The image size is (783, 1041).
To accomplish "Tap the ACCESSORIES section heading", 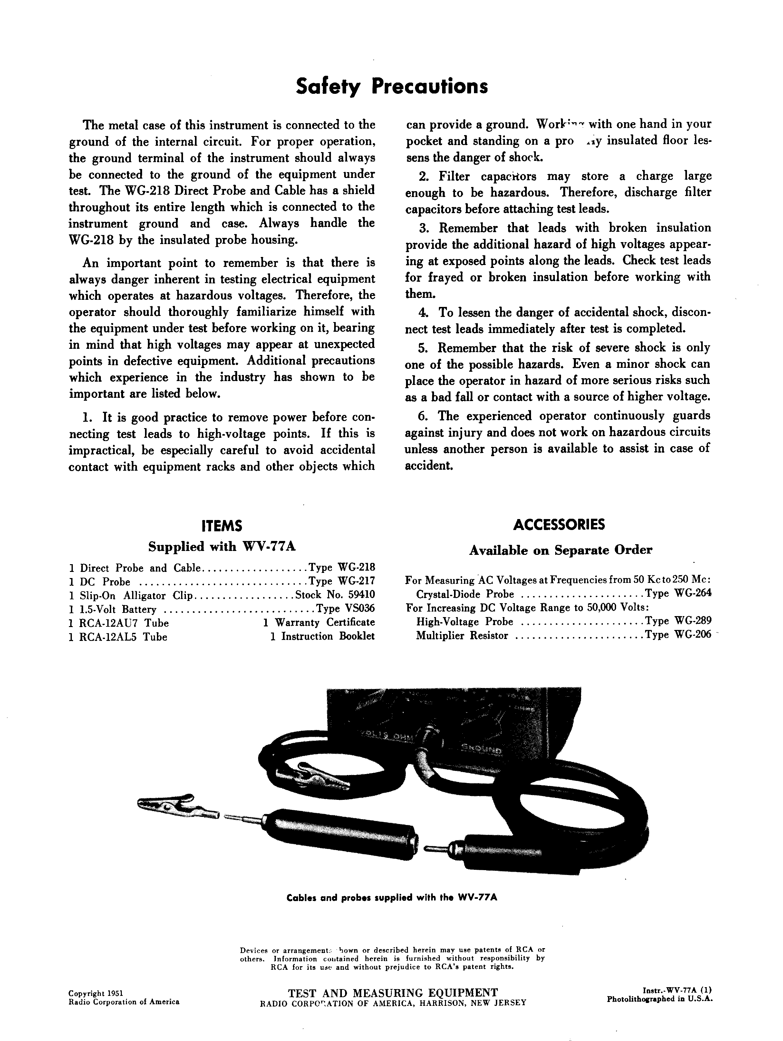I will (559, 525).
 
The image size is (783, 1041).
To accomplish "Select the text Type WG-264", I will (678, 594).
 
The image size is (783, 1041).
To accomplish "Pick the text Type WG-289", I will (678, 621).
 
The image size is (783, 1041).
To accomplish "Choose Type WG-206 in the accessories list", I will (678, 635).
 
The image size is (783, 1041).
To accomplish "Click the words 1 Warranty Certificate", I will (319, 623).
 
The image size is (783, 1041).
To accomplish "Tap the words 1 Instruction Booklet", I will (322, 636).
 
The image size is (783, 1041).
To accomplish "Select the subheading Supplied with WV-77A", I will (222, 547).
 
